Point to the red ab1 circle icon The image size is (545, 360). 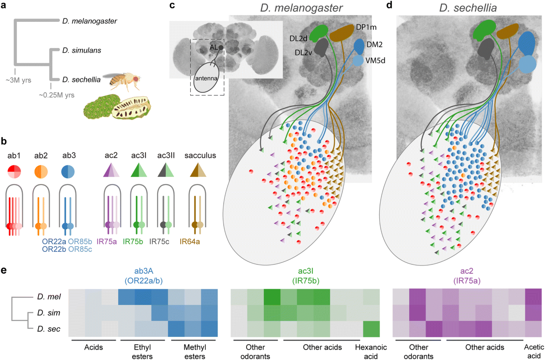click(x=15, y=172)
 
